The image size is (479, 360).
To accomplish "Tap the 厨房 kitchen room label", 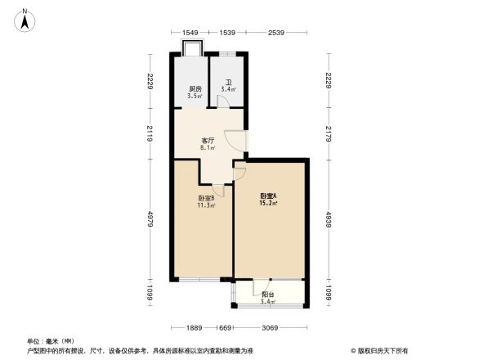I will (195, 88).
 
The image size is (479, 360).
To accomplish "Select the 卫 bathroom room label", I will (229, 83).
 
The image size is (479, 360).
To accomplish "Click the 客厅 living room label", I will (208, 141).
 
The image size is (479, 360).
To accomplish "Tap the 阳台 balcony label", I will (267, 295).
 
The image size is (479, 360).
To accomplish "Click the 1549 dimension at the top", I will (190, 33).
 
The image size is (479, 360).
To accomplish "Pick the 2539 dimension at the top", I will (275, 33).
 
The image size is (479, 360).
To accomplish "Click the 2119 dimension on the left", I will (151, 134).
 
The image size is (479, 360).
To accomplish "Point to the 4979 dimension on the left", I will (151, 220).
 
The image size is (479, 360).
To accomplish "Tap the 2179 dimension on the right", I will (329, 133).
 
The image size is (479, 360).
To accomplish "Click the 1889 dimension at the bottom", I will (194, 328).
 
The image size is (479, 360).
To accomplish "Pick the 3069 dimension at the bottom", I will (268, 328).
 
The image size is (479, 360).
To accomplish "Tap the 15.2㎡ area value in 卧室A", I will (269, 203).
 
